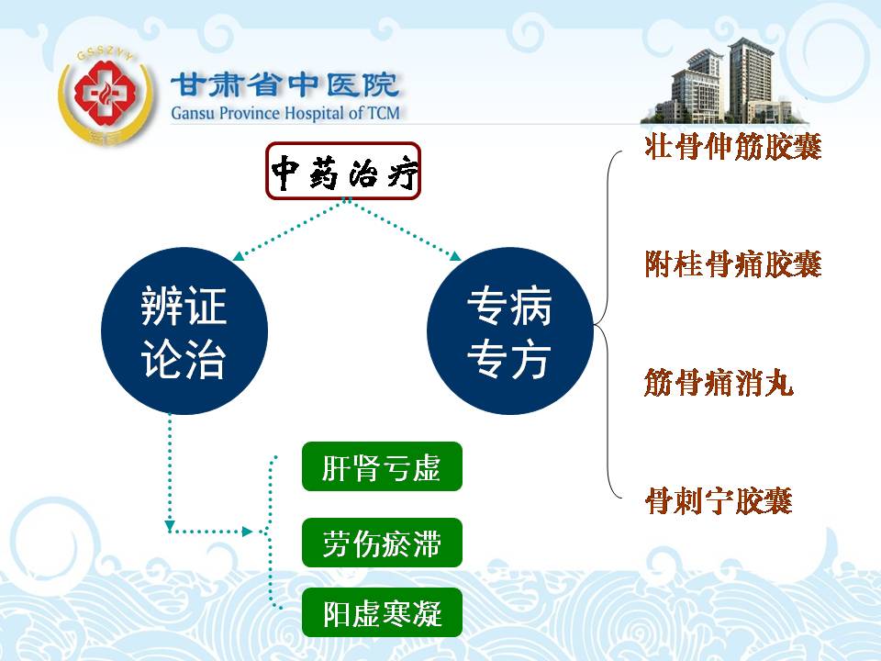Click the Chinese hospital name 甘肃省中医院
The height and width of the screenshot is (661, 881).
[284, 85]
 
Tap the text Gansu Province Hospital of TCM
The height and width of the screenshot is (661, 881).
[285, 113]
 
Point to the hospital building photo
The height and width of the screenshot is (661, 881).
[724, 81]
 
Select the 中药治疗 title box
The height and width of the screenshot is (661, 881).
[343, 171]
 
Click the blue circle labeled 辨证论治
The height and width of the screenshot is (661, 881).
[184, 331]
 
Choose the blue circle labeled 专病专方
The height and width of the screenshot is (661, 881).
[510, 331]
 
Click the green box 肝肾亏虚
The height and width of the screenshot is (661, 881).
[382, 466]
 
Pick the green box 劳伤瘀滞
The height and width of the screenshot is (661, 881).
[382, 543]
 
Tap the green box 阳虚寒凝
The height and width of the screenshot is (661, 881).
[382, 612]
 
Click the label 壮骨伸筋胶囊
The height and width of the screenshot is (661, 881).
[733, 147]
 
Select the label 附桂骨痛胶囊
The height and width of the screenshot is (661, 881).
[733, 264]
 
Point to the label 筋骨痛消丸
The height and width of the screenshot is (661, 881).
[719, 382]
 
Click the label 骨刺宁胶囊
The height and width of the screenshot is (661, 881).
[719, 500]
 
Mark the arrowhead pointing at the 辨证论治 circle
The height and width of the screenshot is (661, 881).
[239, 256]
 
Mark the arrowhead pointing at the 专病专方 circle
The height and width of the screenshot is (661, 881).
[455, 256]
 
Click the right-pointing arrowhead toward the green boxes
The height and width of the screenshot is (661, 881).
[247, 532]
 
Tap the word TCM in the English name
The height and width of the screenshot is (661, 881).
[384, 113]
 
